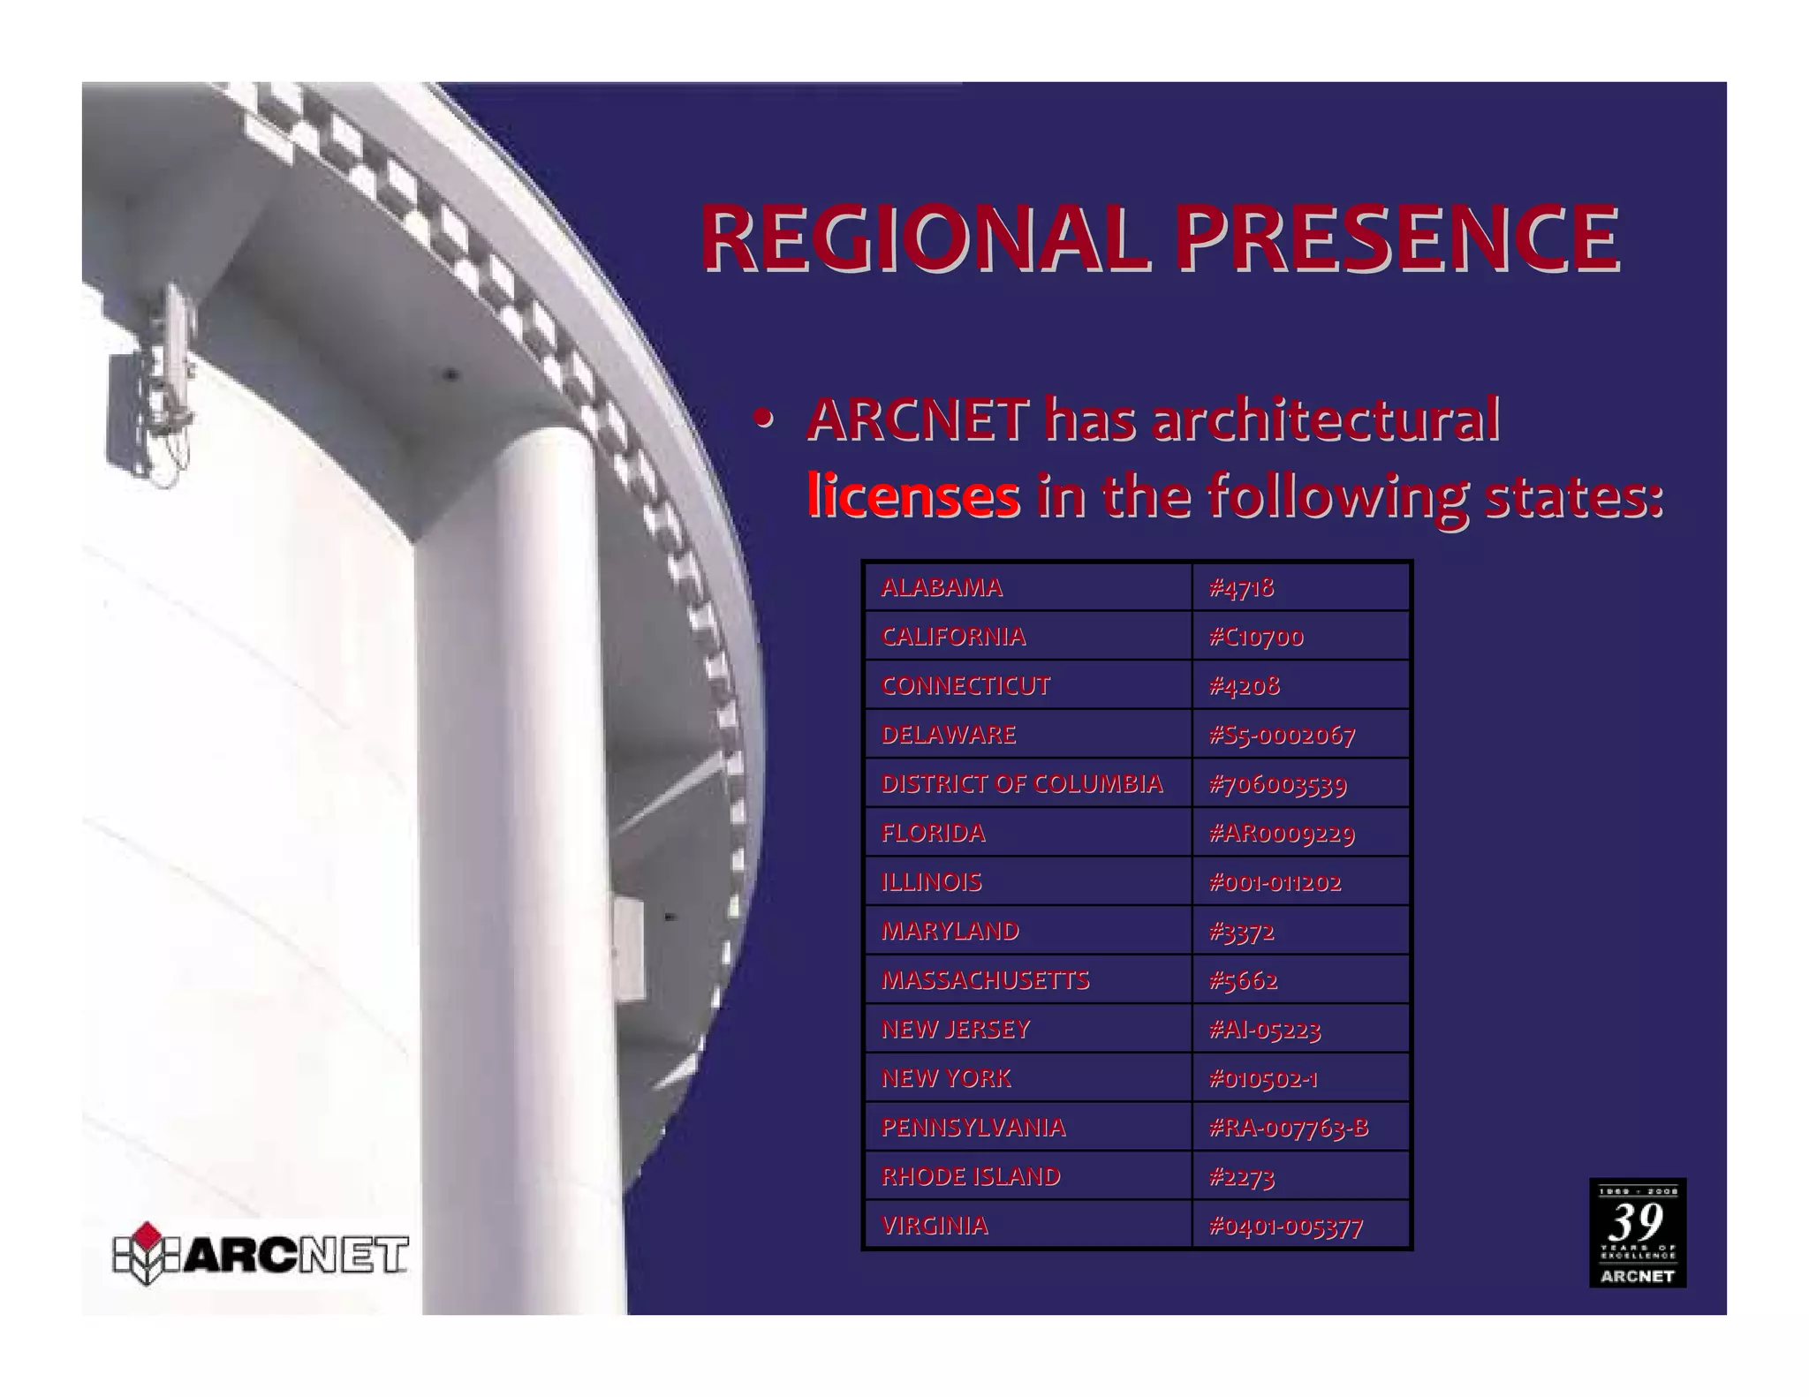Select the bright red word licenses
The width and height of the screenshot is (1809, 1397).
point(913,496)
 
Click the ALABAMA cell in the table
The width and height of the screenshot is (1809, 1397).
point(942,587)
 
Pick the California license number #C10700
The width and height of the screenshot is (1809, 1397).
point(1256,637)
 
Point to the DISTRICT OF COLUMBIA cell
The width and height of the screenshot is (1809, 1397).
point(1021,784)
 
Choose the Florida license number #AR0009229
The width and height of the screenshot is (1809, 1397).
point(1282,834)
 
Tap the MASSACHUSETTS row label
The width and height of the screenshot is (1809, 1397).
point(985,980)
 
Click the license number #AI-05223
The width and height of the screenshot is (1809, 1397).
point(1265,1030)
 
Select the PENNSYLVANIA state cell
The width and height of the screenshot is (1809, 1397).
point(973,1128)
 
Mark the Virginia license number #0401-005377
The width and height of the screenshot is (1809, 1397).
point(1286,1227)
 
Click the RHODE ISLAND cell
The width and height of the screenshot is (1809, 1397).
point(971,1177)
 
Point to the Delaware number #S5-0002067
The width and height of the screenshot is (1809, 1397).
point(1282,736)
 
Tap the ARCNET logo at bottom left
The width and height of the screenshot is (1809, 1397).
point(261,1254)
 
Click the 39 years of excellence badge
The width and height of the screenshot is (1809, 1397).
point(1637,1232)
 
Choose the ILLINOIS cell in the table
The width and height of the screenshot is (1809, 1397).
point(931,882)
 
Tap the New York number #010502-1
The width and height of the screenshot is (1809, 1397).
point(1263,1079)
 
